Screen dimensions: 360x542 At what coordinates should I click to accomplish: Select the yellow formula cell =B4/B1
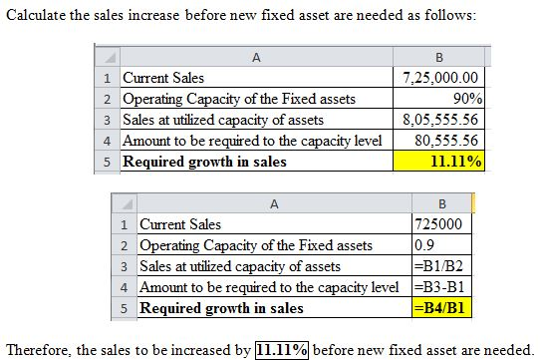pos(438,308)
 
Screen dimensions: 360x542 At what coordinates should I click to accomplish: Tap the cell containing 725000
pos(437,224)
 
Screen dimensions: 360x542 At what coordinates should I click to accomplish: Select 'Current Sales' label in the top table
pos(162,78)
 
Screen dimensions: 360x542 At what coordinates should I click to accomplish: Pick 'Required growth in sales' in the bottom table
pos(221,308)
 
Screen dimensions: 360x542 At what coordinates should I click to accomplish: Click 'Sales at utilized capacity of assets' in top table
pos(222,120)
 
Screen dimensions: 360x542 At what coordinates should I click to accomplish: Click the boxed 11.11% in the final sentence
pos(281,348)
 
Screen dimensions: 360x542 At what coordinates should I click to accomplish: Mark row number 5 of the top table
pos(107,162)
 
